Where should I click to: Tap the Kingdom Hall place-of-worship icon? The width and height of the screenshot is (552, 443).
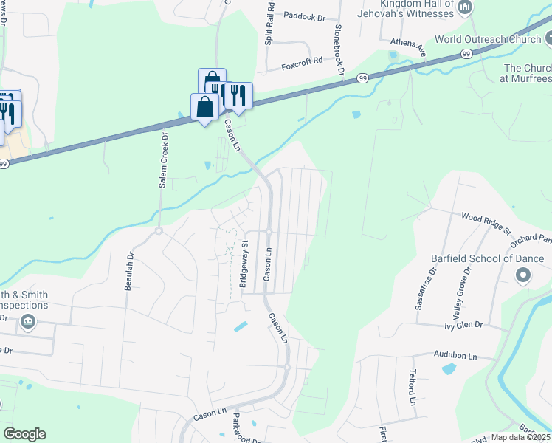coord(465,8)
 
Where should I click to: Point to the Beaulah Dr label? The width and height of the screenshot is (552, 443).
coord(129,271)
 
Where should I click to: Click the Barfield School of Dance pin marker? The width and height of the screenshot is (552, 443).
coord(523,276)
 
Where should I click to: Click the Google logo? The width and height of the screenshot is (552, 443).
coord(24,434)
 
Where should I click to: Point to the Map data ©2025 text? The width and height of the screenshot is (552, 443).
coord(520,437)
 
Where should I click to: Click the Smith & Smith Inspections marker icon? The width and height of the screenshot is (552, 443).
coord(28,320)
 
